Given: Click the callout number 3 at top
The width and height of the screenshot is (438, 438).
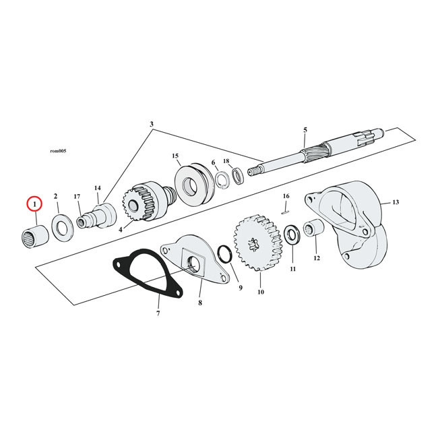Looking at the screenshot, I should (152, 125).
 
